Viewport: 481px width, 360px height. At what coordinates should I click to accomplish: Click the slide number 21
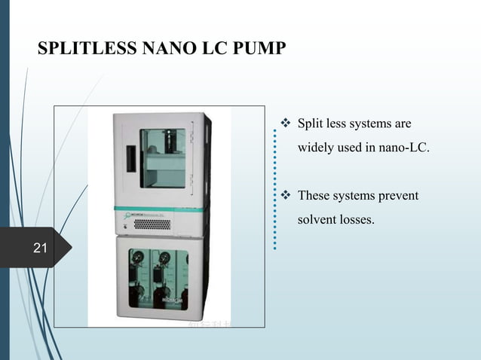(x=40, y=247)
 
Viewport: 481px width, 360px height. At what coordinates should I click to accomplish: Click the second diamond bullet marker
(x=286, y=197)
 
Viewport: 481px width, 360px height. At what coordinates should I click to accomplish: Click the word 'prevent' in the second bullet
(x=399, y=197)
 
